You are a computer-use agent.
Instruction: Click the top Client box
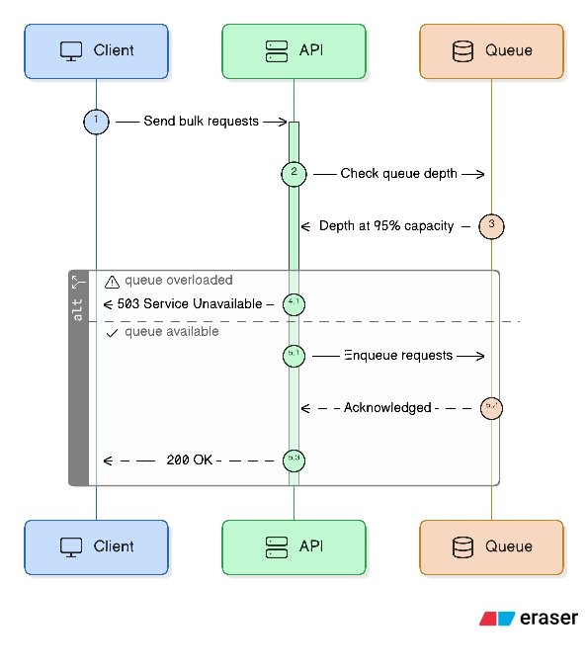[x=96, y=50]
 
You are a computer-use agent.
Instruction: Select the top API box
[x=294, y=50]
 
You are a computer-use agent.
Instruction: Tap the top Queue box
[x=491, y=50]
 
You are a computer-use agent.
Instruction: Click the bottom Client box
[x=96, y=546]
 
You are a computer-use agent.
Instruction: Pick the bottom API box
[x=294, y=546]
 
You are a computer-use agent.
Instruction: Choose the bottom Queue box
[x=491, y=546]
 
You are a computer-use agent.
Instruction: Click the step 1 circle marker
[x=96, y=121]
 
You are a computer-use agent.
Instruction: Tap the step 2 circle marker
[x=294, y=173]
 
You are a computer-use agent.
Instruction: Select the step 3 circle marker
[x=491, y=225]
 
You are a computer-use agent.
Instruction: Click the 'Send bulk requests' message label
[x=201, y=121]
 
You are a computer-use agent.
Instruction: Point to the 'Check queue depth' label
[x=398, y=174]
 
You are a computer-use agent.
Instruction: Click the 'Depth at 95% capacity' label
[x=385, y=226]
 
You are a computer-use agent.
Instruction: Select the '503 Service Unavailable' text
[x=190, y=303]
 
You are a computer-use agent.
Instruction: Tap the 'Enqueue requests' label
[x=398, y=355]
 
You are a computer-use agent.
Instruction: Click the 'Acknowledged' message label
[x=387, y=407]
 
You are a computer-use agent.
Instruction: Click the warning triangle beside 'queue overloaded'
[x=111, y=282]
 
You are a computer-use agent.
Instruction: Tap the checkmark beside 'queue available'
[x=111, y=333]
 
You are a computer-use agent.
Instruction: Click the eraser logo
[x=529, y=618]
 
